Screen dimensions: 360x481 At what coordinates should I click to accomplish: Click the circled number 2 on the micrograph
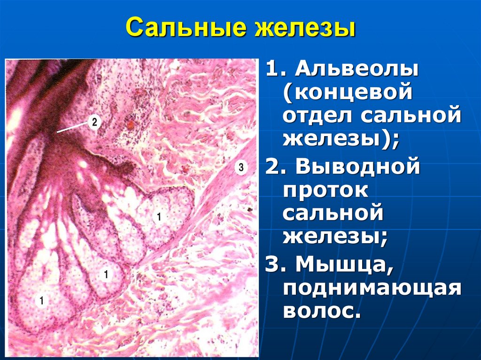[94, 123]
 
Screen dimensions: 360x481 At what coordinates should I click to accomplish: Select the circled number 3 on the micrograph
[240, 167]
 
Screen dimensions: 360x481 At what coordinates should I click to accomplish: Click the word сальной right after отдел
[410, 115]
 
